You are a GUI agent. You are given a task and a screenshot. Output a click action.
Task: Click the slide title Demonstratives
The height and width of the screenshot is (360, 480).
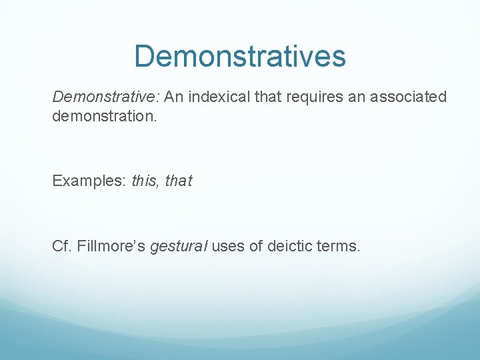coord(240,57)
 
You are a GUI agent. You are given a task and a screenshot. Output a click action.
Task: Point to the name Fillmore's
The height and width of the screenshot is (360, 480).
coord(111,247)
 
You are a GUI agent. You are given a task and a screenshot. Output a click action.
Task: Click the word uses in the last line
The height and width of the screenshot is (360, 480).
coord(228,247)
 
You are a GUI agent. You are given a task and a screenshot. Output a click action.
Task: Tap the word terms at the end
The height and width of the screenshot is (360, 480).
coord(341,247)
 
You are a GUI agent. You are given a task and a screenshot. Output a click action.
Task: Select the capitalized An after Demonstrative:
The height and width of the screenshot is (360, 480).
coord(173,97)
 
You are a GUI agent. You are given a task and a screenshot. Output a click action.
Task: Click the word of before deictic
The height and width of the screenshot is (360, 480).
coord(257,247)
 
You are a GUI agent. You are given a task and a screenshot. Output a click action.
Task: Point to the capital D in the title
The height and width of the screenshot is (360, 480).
coord(145,57)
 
